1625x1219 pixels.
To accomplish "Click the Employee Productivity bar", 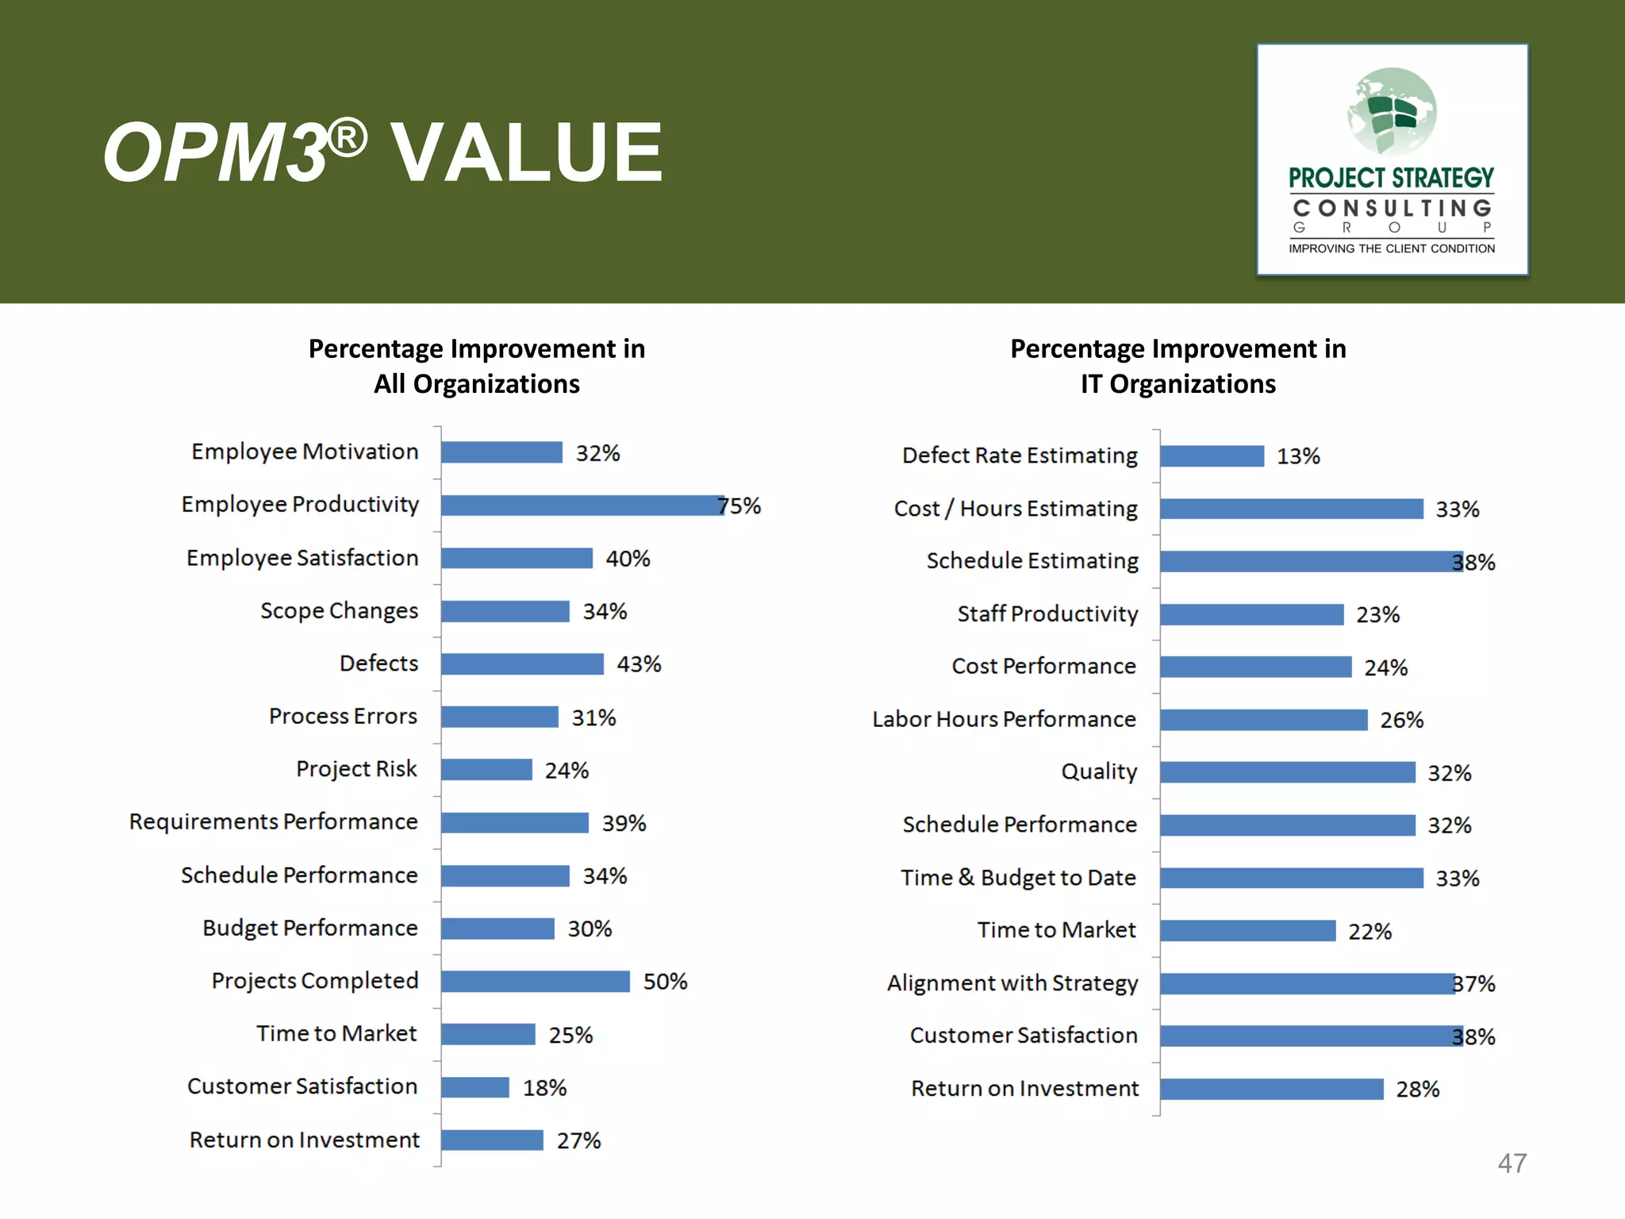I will [582, 506].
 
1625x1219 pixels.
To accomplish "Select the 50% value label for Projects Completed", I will [665, 982].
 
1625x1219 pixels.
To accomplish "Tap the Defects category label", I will [378, 663].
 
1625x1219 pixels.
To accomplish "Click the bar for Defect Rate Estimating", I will [1212, 456].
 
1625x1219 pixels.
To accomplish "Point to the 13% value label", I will [1298, 456].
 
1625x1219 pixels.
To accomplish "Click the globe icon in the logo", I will [1392, 112].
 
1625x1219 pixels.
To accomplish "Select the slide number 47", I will [1512, 1163].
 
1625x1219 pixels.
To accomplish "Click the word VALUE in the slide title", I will [527, 152].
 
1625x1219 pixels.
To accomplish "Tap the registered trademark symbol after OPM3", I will [348, 138].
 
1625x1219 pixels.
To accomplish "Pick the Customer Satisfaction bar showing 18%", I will [475, 1087].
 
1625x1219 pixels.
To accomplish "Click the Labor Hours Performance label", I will [1004, 719].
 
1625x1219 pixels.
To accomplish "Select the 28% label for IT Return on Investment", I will [1417, 1090].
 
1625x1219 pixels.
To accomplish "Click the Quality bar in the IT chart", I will [1287, 772].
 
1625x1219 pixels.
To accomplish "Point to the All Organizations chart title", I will [477, 366].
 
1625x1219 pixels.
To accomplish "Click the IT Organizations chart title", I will [1177, 366].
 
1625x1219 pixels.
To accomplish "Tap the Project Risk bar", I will [486, 770].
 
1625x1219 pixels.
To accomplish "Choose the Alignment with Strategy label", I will [1012, 983].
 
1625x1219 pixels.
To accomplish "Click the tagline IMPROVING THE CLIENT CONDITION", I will [1392, 248].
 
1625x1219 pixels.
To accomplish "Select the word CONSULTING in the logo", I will [1392, 208].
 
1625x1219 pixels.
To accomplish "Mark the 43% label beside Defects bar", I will [639, 664].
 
